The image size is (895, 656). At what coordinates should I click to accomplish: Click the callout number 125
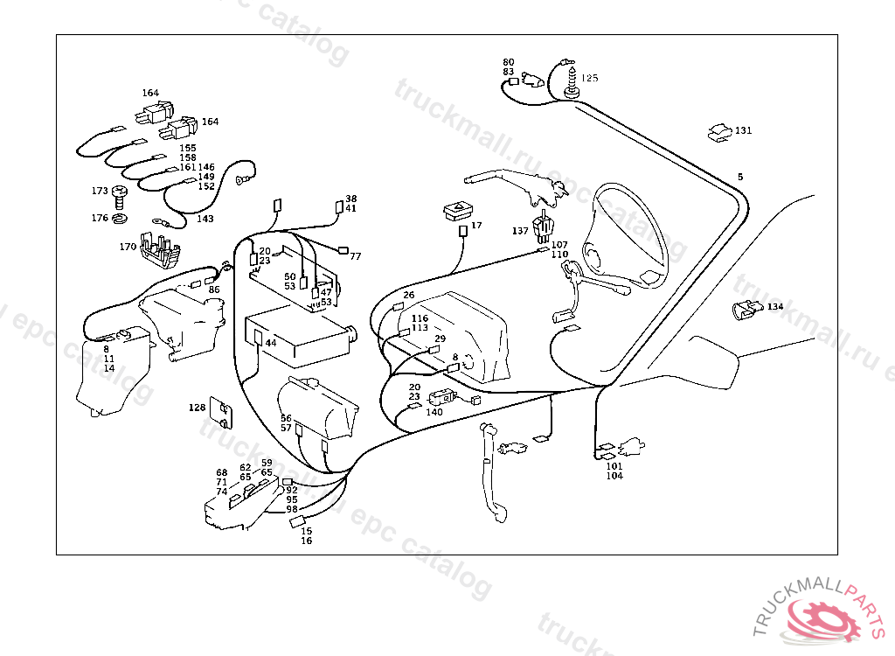[x=590, y=78]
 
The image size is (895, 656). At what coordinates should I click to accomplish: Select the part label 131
[x=743, y=130]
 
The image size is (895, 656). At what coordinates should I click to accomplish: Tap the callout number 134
[x=775, y=307]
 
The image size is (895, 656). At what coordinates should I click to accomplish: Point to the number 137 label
[x=520, y=231]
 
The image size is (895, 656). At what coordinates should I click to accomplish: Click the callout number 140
[x=434, y=412]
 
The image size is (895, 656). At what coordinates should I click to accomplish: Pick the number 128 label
[x=197, y=408]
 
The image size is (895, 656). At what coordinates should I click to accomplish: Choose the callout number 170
[x=128, y=247]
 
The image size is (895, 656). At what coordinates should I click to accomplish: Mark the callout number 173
[x=100, y=191]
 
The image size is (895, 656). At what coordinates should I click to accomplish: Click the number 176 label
[x=100, y=218]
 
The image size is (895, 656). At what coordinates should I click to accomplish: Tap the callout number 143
[x=204, y=219]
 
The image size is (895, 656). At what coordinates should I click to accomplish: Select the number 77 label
[x=356, y=256]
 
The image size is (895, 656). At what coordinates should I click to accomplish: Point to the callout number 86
[x=214, y=289]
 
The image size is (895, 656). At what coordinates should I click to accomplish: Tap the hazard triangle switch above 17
[x=459, y=211]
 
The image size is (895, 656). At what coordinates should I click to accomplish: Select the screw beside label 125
[x=572, y=80]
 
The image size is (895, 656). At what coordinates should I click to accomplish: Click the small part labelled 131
[x=718, y=132]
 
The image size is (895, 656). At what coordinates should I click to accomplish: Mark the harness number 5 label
[x=740, y=177]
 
